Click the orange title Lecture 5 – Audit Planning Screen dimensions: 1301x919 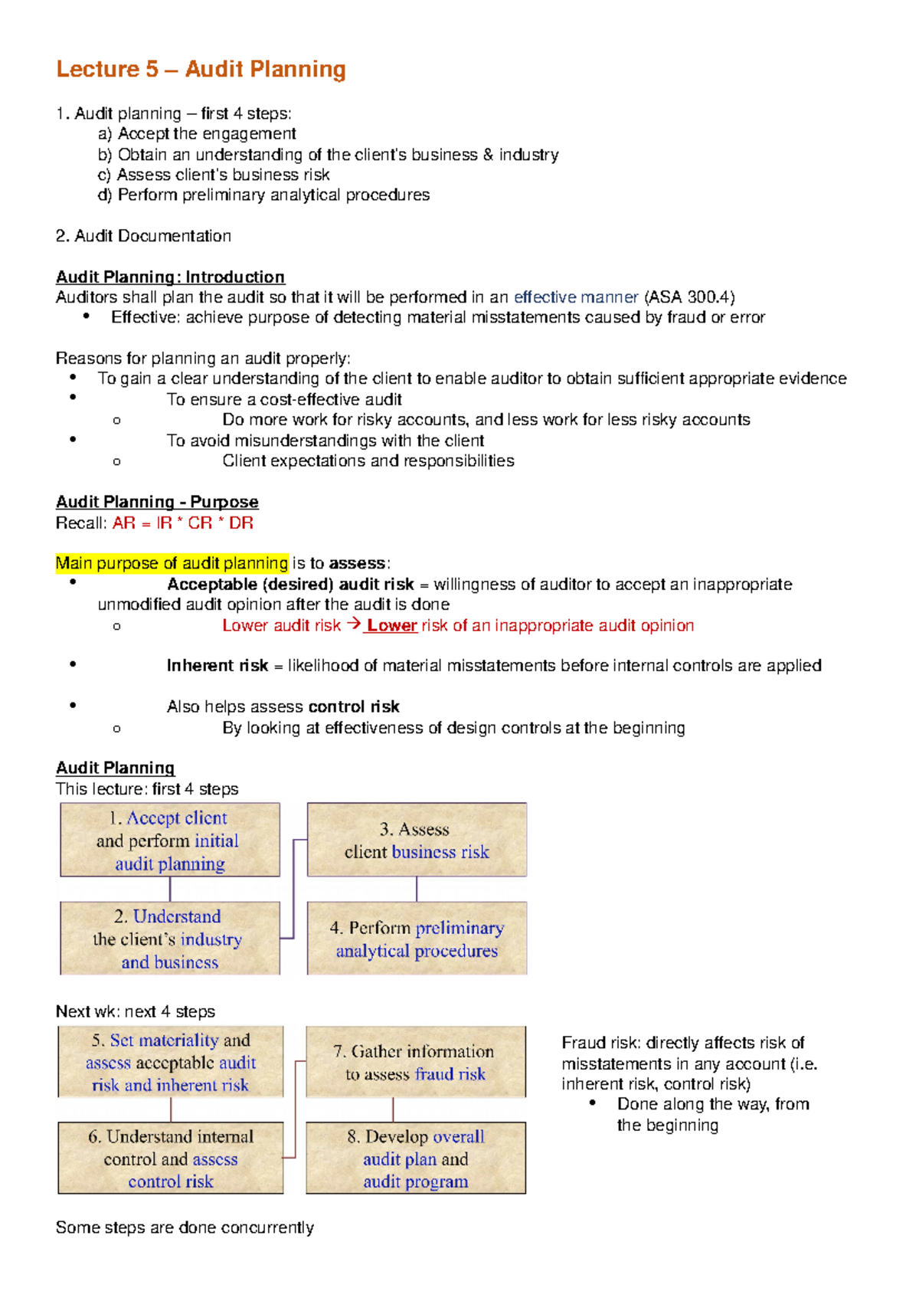[x=201, y=70]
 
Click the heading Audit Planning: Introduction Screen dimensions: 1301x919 [x=170, y=277]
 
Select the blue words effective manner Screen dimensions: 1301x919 [x=576, y=297]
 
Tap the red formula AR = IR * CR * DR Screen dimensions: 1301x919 [x=182, y=523]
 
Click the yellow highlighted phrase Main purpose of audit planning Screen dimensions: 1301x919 [x=172, y=564]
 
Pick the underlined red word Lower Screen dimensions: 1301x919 [x=391, y=625]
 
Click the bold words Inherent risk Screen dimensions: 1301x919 [x=217, y=666]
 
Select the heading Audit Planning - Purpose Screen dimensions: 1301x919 [x=157, y=503]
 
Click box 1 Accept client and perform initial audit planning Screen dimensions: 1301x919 [x=169, y=841]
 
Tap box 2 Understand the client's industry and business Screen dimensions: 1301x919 [x=169, y=939]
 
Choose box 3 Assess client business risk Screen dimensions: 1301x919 [x=417, y=841]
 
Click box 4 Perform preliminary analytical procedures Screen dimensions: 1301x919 [x=417, y=939]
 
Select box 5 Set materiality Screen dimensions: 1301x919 [x=170, y=1063]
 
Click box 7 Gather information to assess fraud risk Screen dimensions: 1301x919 [x=416, y=1063]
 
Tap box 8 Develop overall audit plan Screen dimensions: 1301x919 [x=416, y=1158]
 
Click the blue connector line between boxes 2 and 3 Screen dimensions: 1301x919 [x=294, y=889]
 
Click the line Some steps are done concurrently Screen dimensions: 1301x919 [x=185, y=1227]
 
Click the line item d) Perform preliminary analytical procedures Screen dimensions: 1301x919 [x=264, y=195]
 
